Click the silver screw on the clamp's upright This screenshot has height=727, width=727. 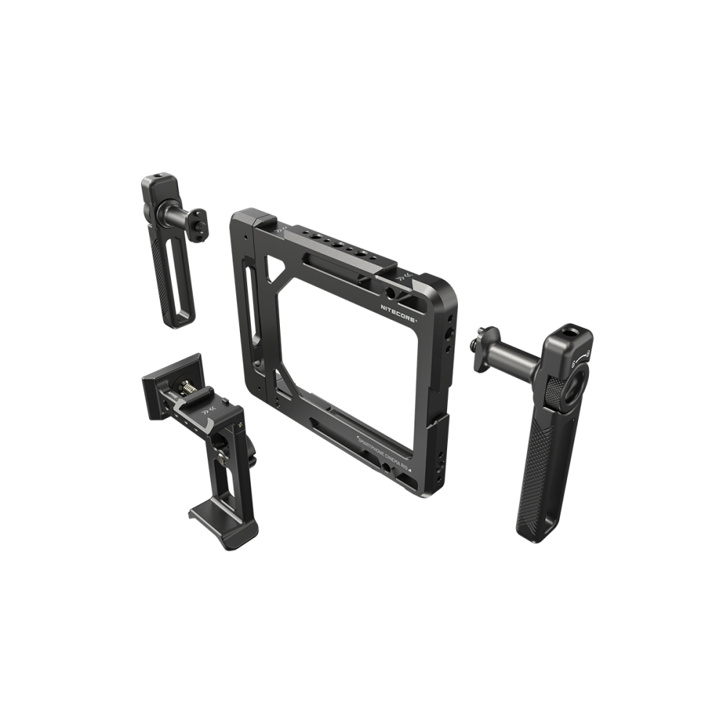coord(220,457)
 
